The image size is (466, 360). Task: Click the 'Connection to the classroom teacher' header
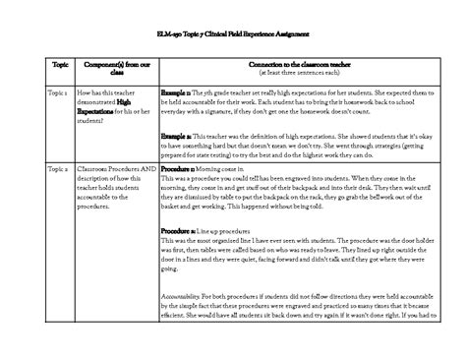[290, 61]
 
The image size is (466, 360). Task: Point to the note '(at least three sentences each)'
[290, 71]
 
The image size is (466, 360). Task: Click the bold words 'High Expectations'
[111, 103]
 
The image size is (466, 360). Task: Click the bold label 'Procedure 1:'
[182, 169]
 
